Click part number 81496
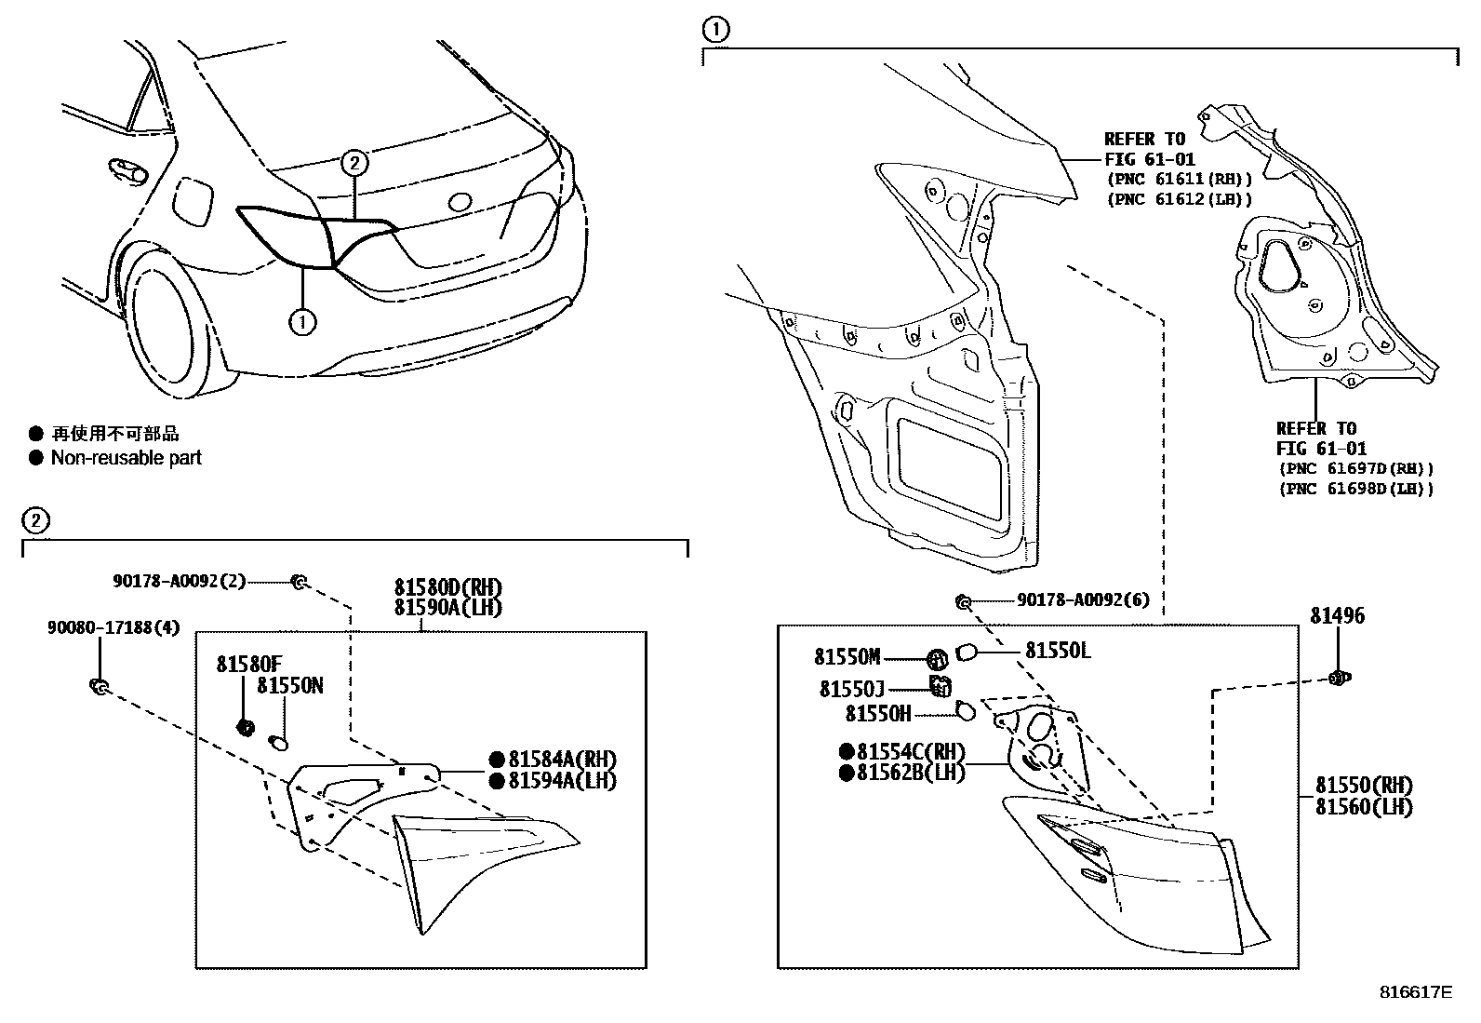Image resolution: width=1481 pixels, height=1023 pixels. tap(1337, 616)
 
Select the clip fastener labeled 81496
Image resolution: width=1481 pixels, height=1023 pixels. tap(1340, 678)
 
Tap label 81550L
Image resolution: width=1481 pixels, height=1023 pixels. tap(1058, 651)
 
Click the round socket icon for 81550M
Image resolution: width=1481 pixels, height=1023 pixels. tap(937, 659)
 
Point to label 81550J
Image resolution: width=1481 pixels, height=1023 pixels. tap(851, 689)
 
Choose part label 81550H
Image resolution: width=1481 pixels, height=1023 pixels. tap(877, 713)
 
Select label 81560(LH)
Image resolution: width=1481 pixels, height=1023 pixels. tap(1363, 807)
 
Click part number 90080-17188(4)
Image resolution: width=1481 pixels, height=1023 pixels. tap(113, 628)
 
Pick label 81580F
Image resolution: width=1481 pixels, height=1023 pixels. tap(248, 664)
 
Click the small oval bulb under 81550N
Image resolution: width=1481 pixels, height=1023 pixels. tap(278, 742)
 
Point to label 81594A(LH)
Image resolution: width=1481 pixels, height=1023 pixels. tap(562, 780)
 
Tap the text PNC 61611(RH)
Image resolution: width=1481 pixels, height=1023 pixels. tap(1179, 179)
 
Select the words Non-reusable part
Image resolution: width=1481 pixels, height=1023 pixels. tap(126, 458)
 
